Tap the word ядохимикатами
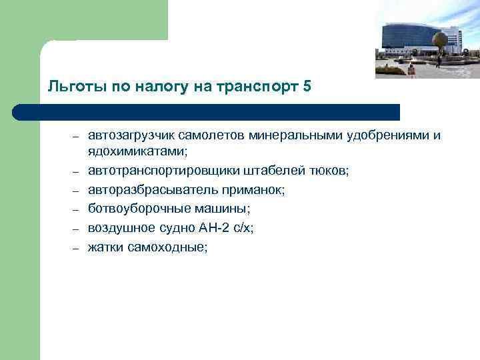137,153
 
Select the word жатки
104,246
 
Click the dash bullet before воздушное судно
77,229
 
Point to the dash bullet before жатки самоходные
77,247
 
